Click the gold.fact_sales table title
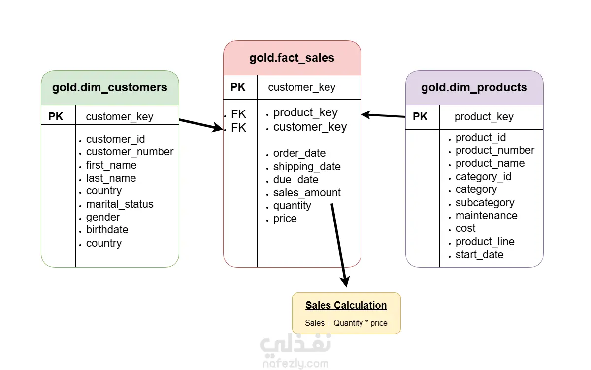(292, 58)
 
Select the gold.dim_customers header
(110, 87)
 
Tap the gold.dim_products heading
(474, 87)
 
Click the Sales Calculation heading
(346, 305)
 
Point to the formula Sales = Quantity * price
(346, 323)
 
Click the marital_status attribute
(120, 204)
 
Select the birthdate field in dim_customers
(107, 230)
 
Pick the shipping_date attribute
(307, 167)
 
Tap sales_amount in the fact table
(307, 193)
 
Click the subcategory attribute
(485, 203)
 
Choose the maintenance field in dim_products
(487, 216)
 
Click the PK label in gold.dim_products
(420, 116)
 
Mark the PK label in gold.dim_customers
(56, 116)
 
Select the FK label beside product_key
(238, 114)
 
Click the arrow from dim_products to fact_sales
(383, 115)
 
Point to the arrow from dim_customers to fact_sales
(201, 125)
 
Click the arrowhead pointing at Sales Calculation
(345, 282)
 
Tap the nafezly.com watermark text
(295, 364)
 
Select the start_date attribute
(479, 255)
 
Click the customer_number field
(130, 152)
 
